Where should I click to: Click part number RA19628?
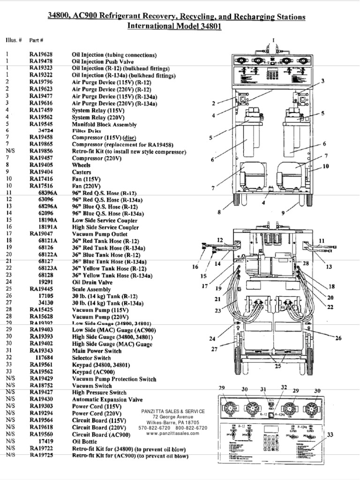41,55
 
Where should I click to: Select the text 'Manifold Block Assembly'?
104,125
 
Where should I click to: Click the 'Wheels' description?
81,165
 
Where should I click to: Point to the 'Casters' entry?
82,172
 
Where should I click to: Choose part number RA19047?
41,234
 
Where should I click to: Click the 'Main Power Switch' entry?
97,351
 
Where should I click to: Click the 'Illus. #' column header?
14,40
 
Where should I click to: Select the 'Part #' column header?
36,40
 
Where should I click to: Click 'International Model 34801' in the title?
174,26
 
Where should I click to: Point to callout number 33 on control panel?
330,435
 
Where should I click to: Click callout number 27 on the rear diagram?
214,349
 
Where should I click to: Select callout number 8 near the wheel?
219,212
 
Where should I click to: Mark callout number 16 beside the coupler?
195,267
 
